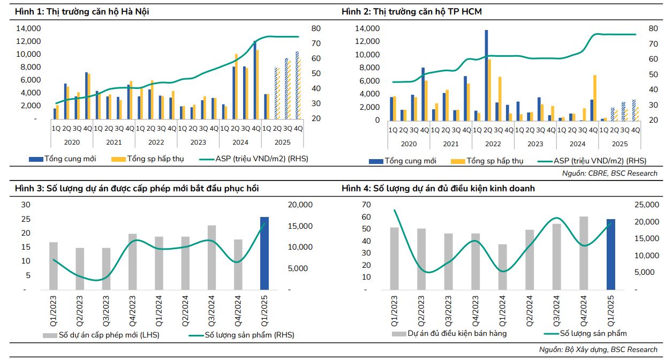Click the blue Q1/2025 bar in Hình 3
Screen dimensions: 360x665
(264, 253)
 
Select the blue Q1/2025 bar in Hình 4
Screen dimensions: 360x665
(611, 254)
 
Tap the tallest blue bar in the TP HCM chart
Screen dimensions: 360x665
(486, 74)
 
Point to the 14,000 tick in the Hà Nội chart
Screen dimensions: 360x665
(31, 28)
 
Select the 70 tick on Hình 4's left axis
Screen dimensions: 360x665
(367, 205)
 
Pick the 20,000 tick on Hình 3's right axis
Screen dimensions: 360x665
(300, 205)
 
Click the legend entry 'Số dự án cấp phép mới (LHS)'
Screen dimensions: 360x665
(101, 335)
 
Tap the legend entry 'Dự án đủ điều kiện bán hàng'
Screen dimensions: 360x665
(449, 333)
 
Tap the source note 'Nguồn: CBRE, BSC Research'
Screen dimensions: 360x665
(609, 173)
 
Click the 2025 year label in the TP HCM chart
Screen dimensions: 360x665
(620, 144)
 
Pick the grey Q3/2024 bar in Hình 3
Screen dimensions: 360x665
(212, 257)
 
